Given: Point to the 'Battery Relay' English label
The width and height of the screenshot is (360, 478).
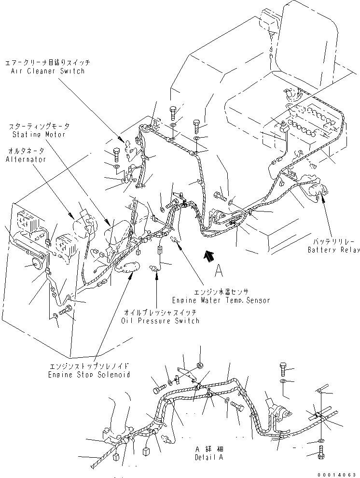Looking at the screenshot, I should (334, 250).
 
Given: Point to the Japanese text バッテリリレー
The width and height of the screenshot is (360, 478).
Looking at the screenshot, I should (334, 241).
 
